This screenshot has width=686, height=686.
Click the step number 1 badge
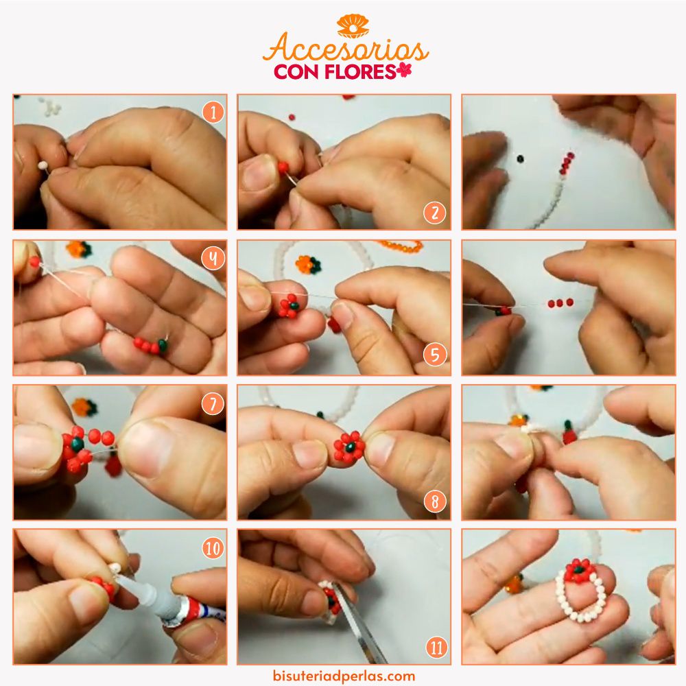pos(213,113)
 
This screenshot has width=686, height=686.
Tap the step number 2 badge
pos(434,213)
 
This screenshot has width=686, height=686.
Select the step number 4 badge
pos(213,258)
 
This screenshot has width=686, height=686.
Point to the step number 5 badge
pos(434,355)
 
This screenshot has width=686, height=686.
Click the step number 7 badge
pos(213,403)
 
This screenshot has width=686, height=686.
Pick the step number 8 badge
pos(434,501)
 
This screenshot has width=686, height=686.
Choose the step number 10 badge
pos(213,547)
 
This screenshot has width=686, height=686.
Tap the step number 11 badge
pos(436,648)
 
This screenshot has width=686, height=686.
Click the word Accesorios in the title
pos(346,48)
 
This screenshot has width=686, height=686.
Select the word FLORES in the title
pos(360,72)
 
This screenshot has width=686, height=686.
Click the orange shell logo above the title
pos(353,26)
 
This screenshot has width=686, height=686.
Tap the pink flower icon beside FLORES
pos(404,70)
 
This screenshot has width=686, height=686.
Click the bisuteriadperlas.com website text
pos(344,676)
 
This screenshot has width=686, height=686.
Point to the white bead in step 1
pos(43,165)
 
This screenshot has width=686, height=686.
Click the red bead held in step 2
pos(283,167)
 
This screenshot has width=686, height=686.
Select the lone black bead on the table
pos(519,158)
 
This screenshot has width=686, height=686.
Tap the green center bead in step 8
pos(350,447)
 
